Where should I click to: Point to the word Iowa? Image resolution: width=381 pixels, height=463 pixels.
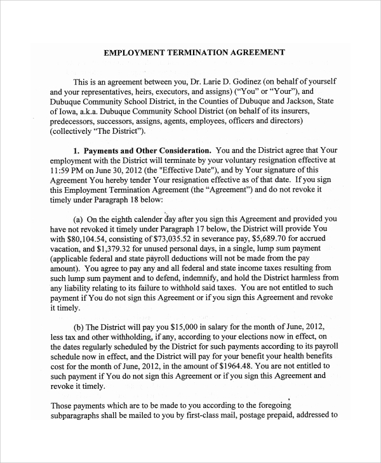[x=69, y=111]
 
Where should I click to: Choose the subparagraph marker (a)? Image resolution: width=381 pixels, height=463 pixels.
[x=81, y=219]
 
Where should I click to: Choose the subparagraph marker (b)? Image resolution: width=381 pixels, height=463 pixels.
[x=81, y=327]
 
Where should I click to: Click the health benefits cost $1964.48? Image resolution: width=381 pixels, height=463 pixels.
[x=234, y=366]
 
